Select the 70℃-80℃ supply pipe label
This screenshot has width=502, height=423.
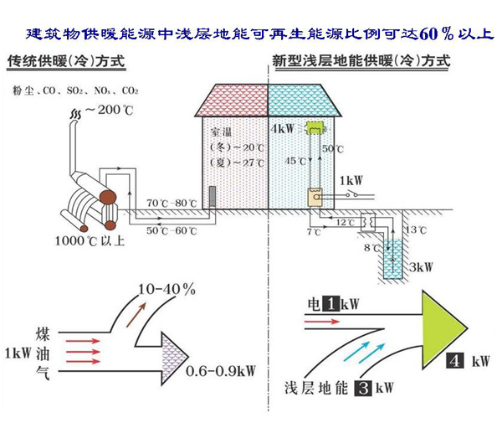coord(172,204)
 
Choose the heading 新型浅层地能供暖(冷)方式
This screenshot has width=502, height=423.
coord(361,62)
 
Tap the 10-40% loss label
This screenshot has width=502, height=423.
coord(168,288)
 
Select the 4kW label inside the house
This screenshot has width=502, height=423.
coord(283,129)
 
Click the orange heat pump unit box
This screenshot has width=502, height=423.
coord(315,197)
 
